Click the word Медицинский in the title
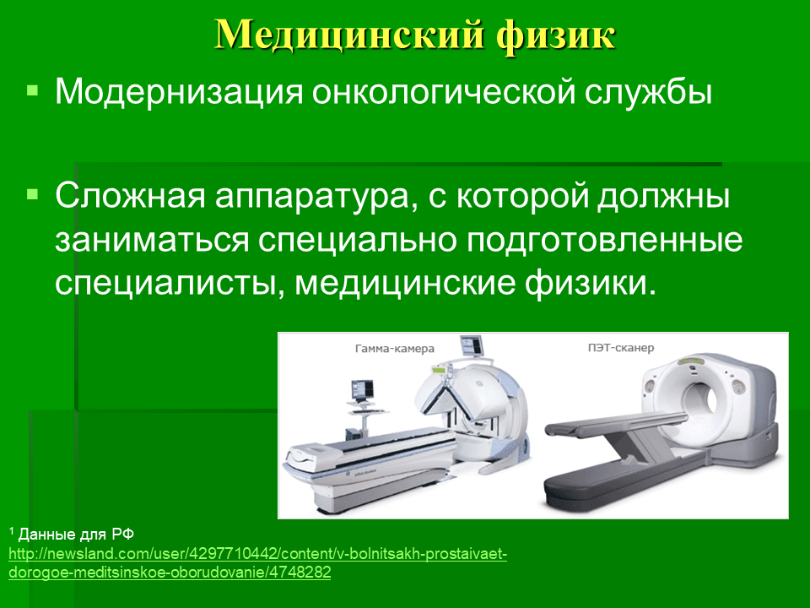[349, 35]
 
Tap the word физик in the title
[556, 36]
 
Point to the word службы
[649, 91]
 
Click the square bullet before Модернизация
[33, 91]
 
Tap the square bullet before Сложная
[33, 194]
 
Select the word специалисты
[170, 285]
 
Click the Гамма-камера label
[395, 349]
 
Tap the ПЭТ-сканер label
[620, 347]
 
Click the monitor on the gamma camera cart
[362, 390]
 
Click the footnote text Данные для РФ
[76, 534]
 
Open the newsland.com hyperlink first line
[258, 554]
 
